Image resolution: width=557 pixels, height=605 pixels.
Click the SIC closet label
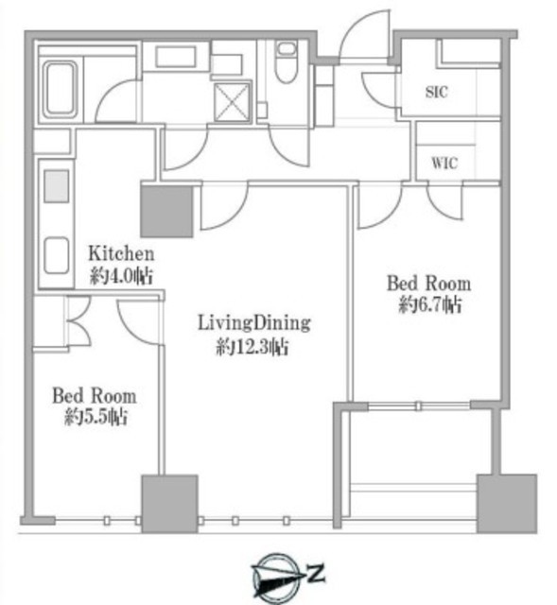(437, 92)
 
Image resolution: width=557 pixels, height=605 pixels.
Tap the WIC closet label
(444, 163)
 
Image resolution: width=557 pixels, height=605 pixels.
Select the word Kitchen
(121, 253)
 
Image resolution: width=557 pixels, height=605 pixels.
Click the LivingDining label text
(254, 322)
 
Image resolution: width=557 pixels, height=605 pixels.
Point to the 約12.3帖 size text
(252, 347)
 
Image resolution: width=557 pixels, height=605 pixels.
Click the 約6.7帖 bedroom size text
(429, 304)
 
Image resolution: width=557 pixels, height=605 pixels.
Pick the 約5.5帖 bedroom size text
(96, 417)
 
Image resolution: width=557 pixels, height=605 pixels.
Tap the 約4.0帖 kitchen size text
(121, 276)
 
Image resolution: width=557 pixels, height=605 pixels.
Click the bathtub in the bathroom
(60, 90)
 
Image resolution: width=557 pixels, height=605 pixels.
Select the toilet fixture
(287, 61)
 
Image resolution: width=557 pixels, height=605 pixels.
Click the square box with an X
(232, 102)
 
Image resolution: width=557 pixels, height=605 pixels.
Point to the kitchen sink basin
(57, 255)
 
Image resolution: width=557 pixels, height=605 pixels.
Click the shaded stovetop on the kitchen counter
(57, 186)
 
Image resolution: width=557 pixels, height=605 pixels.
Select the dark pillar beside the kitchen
(166, 211)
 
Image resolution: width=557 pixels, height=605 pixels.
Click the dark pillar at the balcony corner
(507, 504)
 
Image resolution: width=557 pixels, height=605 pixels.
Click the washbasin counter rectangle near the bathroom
(176, 57)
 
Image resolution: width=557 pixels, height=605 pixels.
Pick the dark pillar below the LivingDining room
(170, 504)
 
